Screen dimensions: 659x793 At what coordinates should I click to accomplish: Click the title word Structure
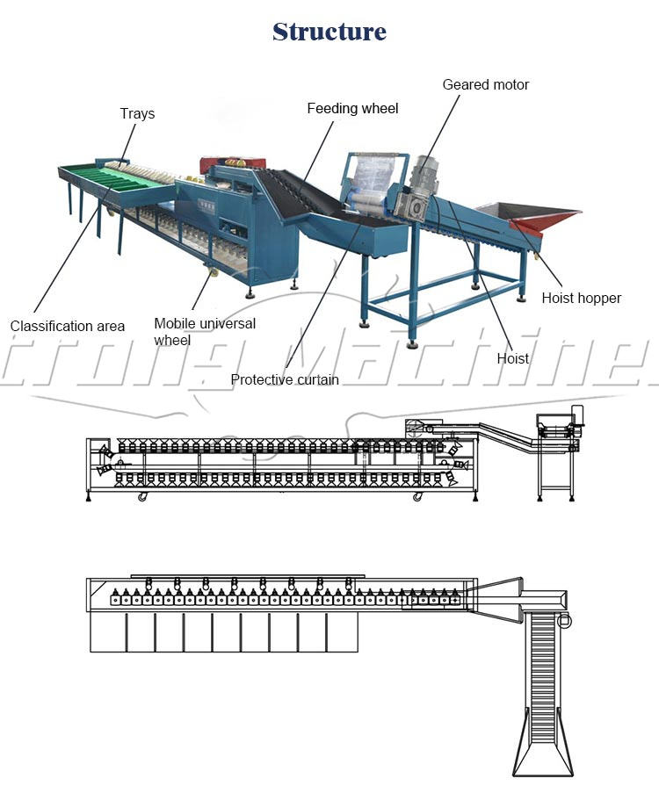tap(329, 32)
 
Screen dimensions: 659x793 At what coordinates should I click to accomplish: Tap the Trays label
tap(137, 113)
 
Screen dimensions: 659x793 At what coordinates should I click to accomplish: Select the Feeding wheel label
tap(352, 108)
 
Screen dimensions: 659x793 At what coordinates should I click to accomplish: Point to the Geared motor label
tap(485, 84)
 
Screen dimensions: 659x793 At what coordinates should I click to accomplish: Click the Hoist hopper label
tap(581, 298)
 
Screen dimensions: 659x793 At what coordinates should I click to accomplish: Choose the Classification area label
tap(68, 326)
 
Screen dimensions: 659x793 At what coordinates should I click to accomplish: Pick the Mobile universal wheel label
tap(205, 331)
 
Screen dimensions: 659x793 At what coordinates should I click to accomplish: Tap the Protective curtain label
tap(285, 379)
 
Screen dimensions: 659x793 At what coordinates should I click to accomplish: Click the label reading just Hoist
tap(513, 358)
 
